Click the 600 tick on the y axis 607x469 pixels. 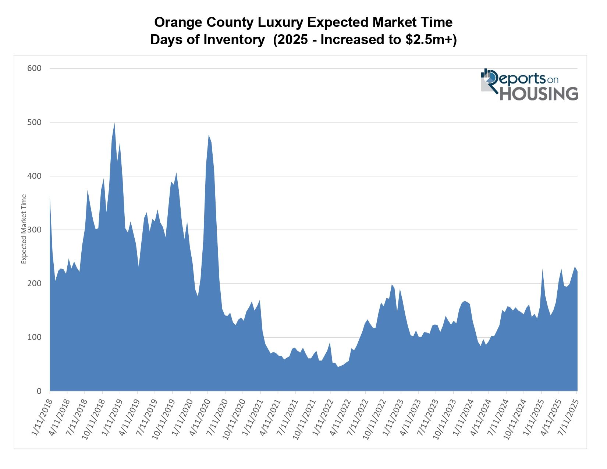tap(34, 68)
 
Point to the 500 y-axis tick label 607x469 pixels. tap(34, 122)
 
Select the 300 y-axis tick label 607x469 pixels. tap(34, 230)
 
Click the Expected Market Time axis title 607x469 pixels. tap(24, 229)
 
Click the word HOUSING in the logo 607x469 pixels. tap(539, 93)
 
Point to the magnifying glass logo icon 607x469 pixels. tap(490, 77)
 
